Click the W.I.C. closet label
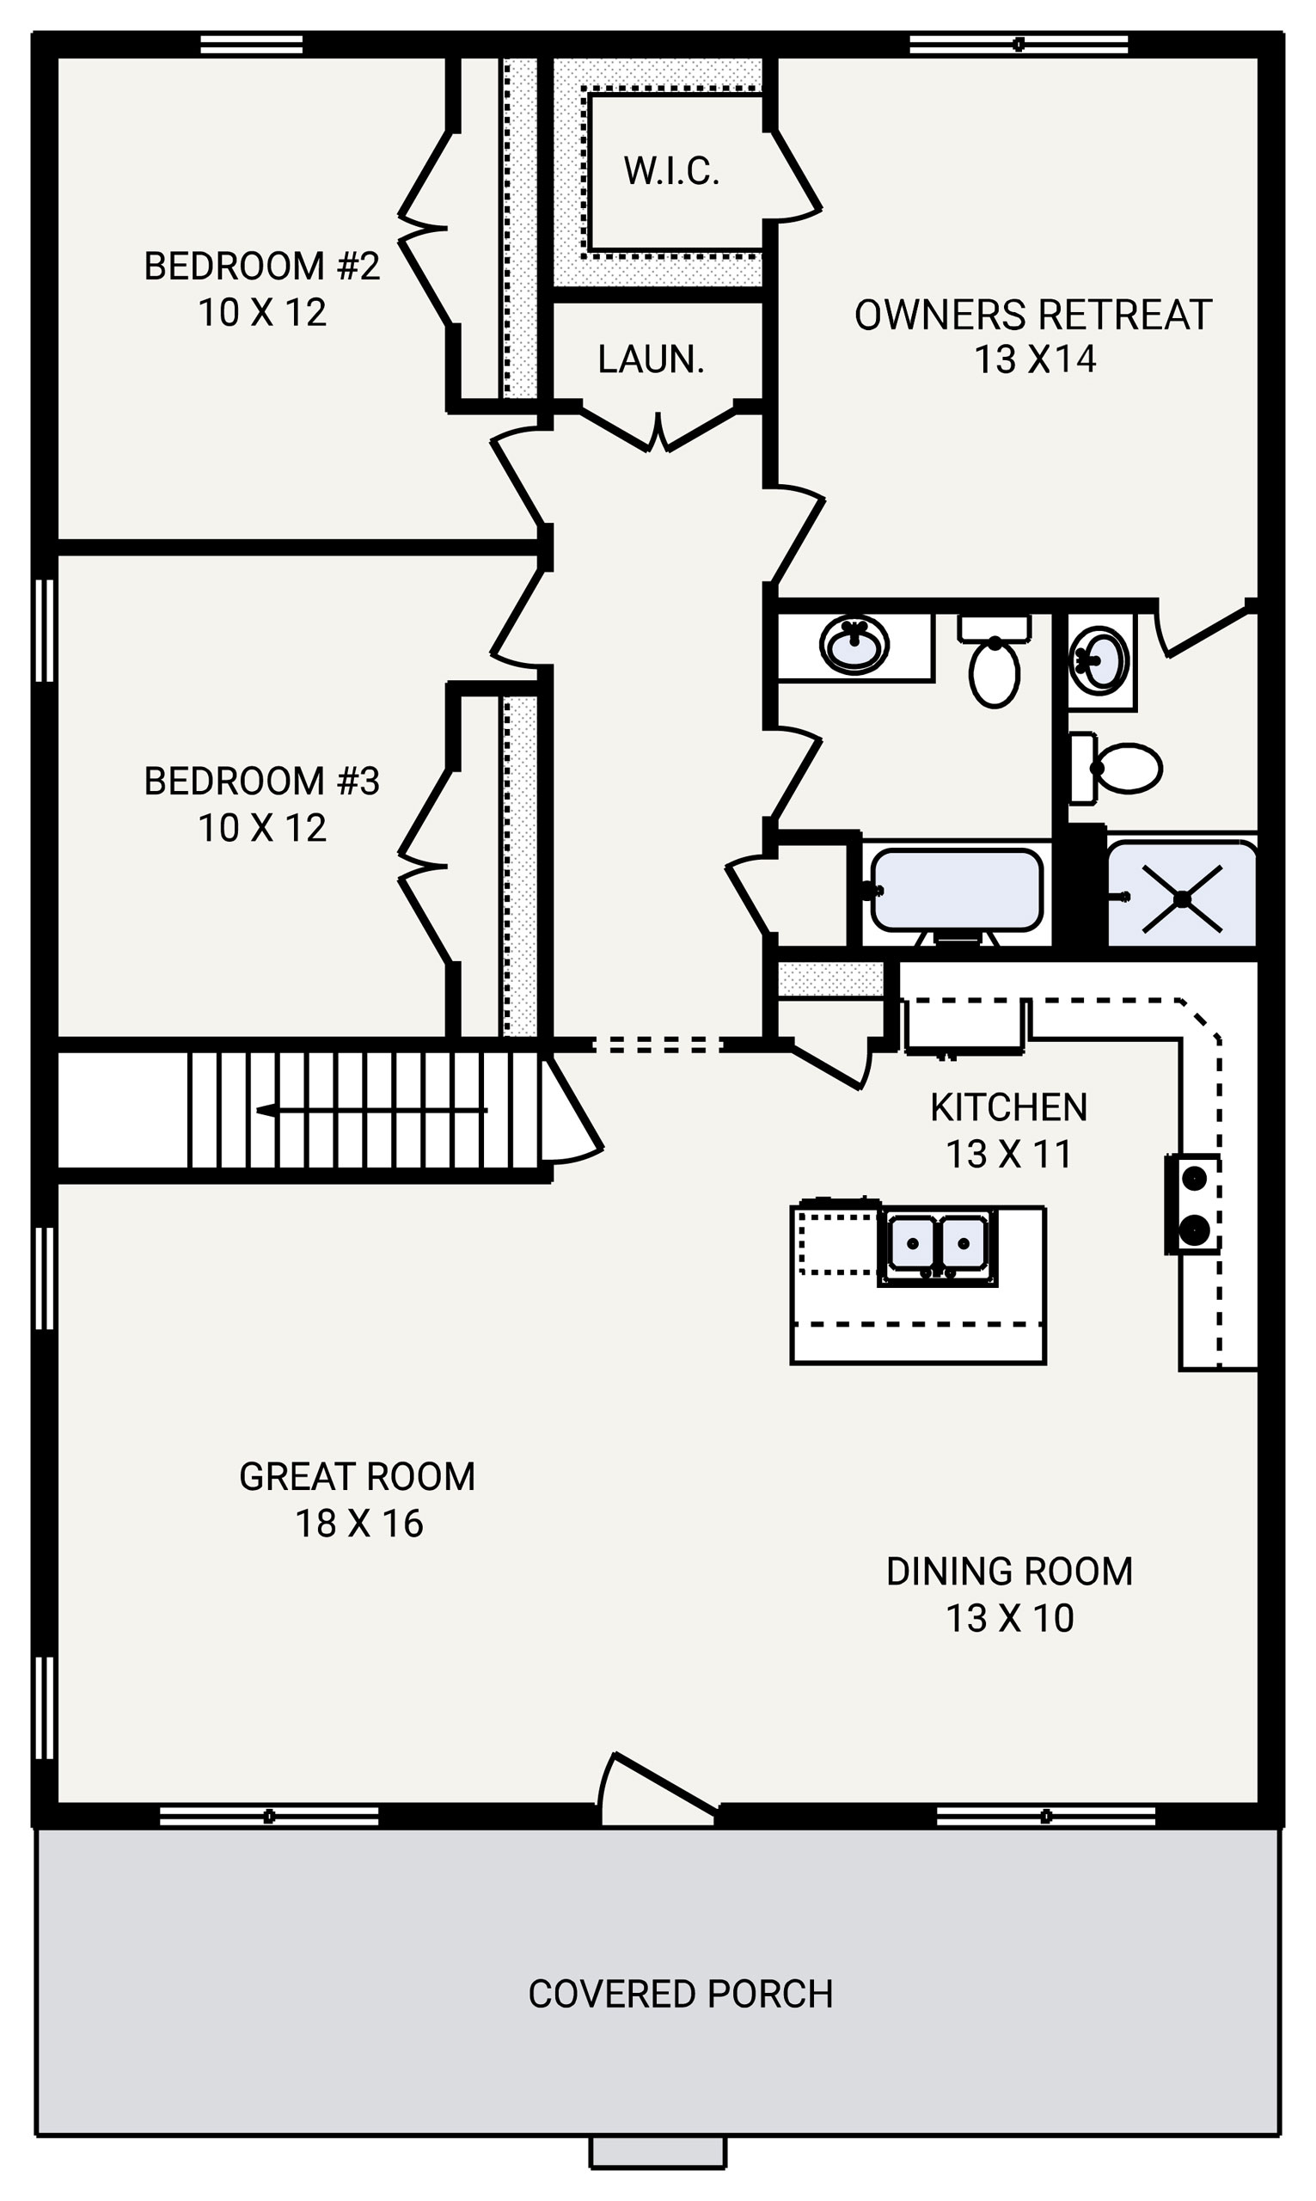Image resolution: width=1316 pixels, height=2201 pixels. pos(670,171)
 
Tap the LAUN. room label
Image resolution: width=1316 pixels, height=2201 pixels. pos(651,359)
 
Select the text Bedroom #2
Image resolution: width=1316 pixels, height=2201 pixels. pos(261,266)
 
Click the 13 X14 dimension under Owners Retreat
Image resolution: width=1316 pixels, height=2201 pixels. pos(1035,360)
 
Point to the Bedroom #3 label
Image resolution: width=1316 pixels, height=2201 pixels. pos(261,782)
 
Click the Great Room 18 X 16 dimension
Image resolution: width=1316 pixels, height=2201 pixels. pos(358,1524)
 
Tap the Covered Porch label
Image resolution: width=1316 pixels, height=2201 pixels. pos(680,1994)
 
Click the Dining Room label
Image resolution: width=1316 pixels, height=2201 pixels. pos(1009,1572)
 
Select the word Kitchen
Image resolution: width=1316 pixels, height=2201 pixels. pos(1008,1107)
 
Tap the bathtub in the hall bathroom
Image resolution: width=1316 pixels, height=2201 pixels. pos(956,890)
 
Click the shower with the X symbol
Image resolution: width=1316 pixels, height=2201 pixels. pos(1182,899)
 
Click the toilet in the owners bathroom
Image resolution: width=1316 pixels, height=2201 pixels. pos(1119,767)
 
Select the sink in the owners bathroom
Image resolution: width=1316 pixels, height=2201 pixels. pos(1099,659)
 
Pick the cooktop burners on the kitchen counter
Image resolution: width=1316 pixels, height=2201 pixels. pos(1194,1205)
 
